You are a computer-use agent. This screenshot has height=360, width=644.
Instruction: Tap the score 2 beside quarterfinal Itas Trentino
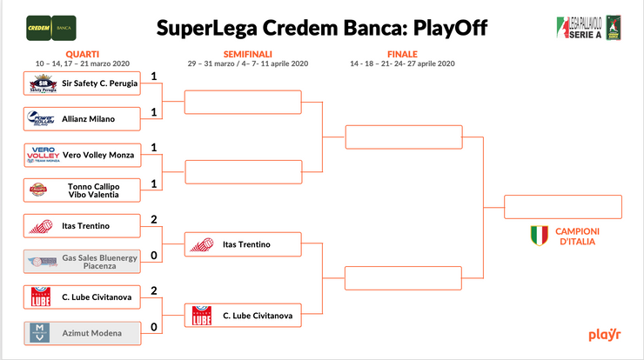153,219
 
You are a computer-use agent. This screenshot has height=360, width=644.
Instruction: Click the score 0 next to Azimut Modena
153,327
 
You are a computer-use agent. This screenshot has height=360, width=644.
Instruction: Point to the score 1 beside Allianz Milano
153,113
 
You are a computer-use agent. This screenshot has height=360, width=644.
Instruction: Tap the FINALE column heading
402,53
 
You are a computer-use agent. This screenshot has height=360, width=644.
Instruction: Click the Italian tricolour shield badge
540,236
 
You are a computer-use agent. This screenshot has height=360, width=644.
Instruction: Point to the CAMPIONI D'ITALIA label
575,237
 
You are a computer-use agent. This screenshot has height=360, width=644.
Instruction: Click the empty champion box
563,207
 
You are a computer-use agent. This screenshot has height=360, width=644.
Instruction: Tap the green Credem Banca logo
50,27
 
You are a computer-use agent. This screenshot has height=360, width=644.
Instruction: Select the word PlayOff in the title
444,28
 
